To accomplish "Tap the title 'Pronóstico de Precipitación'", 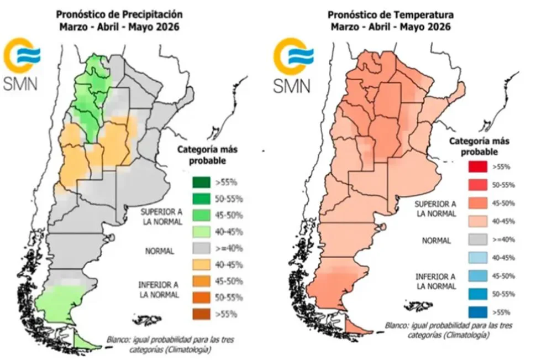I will coord(119,14).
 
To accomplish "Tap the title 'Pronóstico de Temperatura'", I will coord(386,14).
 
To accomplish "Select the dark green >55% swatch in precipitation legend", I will coord(201,182).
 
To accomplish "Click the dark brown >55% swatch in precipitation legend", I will coord(201,315).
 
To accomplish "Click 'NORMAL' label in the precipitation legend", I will coord(160,251).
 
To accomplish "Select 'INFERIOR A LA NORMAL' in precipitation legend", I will coord(160,290).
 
